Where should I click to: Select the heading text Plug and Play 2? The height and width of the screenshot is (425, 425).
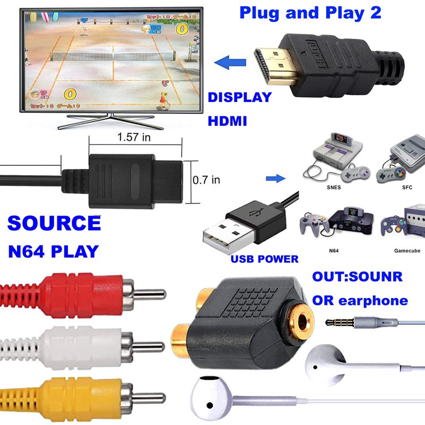tap(310, 12)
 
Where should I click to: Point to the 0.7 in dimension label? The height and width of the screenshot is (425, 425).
tap(206, 180)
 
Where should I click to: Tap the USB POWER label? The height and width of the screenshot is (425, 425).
tap(265, 259)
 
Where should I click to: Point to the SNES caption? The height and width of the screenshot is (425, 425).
tap(334, 188)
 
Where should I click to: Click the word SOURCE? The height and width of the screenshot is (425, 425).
tap(54, 223)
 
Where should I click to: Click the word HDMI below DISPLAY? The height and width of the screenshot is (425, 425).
tap(227, 121)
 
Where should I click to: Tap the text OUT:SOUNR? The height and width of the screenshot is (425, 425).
tap(357, 277)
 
